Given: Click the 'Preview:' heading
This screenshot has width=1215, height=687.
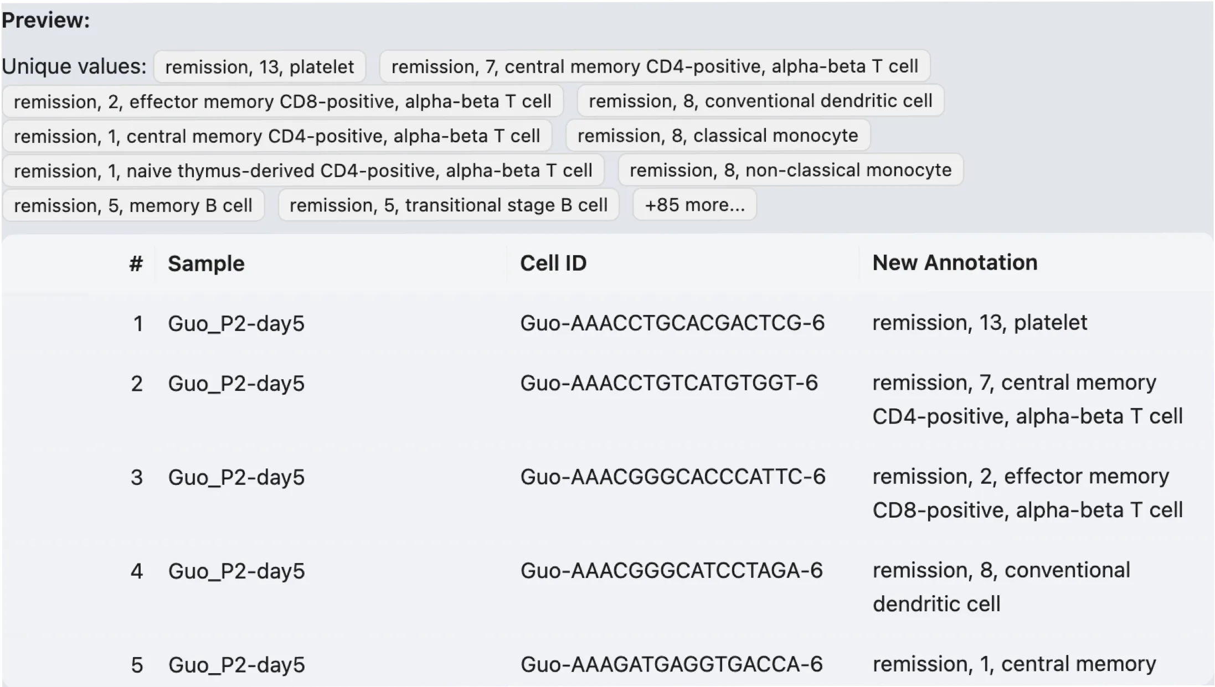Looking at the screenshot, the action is click(x=45, y=20).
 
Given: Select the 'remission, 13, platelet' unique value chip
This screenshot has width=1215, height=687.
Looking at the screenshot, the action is click(x=259, y=67).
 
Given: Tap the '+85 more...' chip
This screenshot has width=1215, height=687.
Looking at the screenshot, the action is click(x=694, y=205).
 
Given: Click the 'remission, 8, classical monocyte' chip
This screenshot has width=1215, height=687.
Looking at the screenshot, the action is click(x=718, y=136).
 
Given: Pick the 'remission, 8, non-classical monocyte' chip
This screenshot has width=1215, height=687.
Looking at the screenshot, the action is click(x=790, y=170).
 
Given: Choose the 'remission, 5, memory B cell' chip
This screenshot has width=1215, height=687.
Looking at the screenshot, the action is click(x=133, y=205).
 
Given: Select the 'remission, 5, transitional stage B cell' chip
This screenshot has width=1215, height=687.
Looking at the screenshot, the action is click(x=449, y=205).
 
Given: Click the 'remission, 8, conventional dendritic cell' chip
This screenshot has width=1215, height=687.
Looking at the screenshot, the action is click(x=760, y=101).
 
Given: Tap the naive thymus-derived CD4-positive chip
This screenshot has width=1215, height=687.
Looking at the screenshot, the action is click(x=303, y=171).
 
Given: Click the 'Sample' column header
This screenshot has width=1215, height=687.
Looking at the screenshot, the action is click(x=206, y=264).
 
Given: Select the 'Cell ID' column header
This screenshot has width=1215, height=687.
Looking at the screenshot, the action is click(x=553, y=264).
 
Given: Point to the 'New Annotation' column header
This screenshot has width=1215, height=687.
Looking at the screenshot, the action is click(x=955, y=263).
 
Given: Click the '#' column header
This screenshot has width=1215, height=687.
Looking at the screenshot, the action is click(x=136, y=264).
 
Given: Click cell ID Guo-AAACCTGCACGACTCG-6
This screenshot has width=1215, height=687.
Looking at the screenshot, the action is click(x=672, y=323).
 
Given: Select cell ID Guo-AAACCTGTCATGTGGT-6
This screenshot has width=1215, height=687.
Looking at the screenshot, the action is click(x=669, y=383).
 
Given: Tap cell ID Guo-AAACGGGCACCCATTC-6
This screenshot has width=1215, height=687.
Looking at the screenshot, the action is click(x=673, y=477).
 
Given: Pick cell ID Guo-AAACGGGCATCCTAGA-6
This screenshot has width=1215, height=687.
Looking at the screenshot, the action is click(x=672, y=571).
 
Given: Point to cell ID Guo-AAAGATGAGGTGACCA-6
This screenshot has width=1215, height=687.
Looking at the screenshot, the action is click(x=672, y=664).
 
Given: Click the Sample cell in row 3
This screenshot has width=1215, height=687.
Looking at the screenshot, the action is click(x=236, y=477).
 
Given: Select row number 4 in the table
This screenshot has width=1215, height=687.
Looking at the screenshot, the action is click(x=137, y=571).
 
